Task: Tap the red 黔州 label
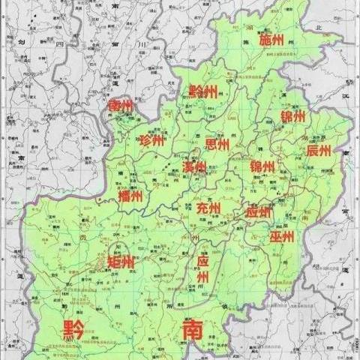tap(203, 92)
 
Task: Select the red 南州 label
tap(120, 106)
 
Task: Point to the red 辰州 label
tap(318, 151)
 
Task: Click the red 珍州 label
tap(151, 140)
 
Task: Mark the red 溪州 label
tap(194, 166)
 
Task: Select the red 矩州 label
tap(121, 262)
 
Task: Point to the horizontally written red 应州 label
tap(259, 212)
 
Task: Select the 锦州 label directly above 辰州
tap(293, 117)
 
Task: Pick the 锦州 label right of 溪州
tap(262, 166)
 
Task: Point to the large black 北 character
tap(317, 28)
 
